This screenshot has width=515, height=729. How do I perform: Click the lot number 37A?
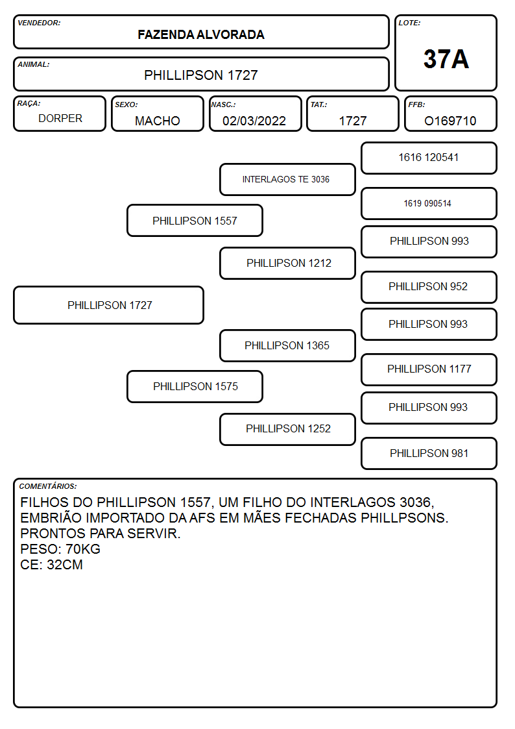tap(446, 59)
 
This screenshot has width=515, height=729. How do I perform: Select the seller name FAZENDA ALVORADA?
tap(201, 35)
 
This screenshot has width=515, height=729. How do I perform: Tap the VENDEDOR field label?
tap(39, 23)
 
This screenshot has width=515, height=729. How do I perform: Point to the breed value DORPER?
tap(60, 119)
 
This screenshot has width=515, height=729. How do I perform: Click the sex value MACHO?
tap(158, 121)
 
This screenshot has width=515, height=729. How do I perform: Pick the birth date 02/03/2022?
tap(254, 121)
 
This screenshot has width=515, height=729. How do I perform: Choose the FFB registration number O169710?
tap(450, 121)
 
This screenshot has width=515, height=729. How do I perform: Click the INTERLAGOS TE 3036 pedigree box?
tap(287, 179)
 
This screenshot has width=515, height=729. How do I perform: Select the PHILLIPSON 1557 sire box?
tap(195, 220)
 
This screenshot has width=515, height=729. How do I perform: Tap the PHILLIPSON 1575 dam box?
tap(195, 386)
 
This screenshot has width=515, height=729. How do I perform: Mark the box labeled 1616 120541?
tap(429, 158)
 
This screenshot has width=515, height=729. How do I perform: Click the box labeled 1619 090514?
tap(429, 203)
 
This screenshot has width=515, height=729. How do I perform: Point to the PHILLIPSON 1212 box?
tap(287, 263)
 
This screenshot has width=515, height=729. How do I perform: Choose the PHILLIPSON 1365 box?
tap(287, 345)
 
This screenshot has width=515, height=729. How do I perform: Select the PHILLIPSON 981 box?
tap(429, 453)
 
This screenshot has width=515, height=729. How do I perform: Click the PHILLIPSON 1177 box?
tap(429, 369)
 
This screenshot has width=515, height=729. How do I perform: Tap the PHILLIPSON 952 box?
tap(429, 287)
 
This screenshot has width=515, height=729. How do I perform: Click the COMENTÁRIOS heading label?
tap(48, 486)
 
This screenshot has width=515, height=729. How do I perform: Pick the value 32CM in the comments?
tap(65, 565)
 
